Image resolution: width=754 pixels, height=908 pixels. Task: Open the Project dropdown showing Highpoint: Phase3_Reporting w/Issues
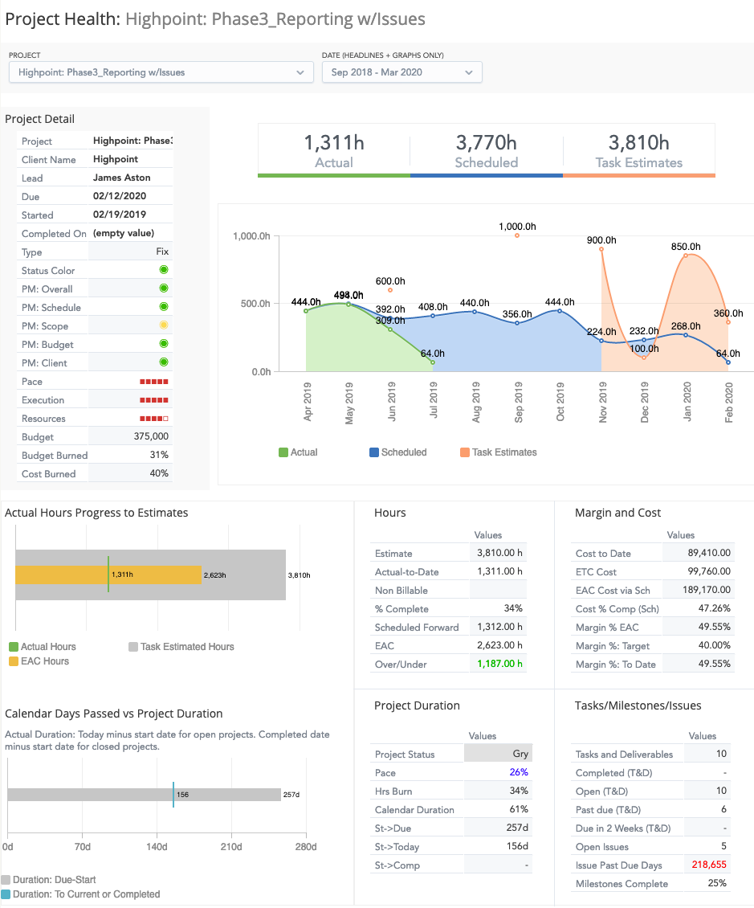tap(161, 72)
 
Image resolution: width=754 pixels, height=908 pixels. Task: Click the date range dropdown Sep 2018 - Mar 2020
tap(401, 72)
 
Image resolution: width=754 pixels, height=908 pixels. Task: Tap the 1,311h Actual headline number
tap(334, 143)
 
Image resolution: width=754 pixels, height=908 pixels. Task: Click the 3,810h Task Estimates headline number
tap(639, 143)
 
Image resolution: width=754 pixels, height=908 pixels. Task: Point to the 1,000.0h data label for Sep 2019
tap(517, 227)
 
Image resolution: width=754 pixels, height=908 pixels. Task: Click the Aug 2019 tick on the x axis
tap(476, 403)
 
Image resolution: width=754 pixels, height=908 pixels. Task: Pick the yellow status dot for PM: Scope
tap(164, 325)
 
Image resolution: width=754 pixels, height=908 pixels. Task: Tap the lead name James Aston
tap(122, 178)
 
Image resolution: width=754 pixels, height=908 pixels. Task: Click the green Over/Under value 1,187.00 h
tap(499, 664)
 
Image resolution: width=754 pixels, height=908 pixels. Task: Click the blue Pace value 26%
tap(519, 773)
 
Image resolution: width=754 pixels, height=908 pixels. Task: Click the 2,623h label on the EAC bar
tap(214, 575)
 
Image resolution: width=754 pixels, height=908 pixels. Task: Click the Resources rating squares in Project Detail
tap(153, 419)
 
